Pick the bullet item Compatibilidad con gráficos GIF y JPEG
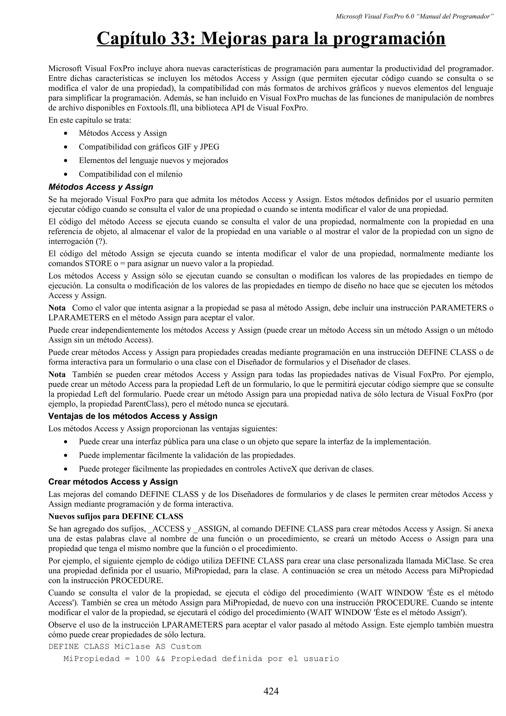pos(149,147)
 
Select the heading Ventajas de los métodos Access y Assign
pos(133,416)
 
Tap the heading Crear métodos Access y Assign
pos(113,482)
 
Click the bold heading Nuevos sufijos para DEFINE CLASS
pos(116,516)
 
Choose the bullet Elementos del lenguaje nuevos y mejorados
pos(153,160)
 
